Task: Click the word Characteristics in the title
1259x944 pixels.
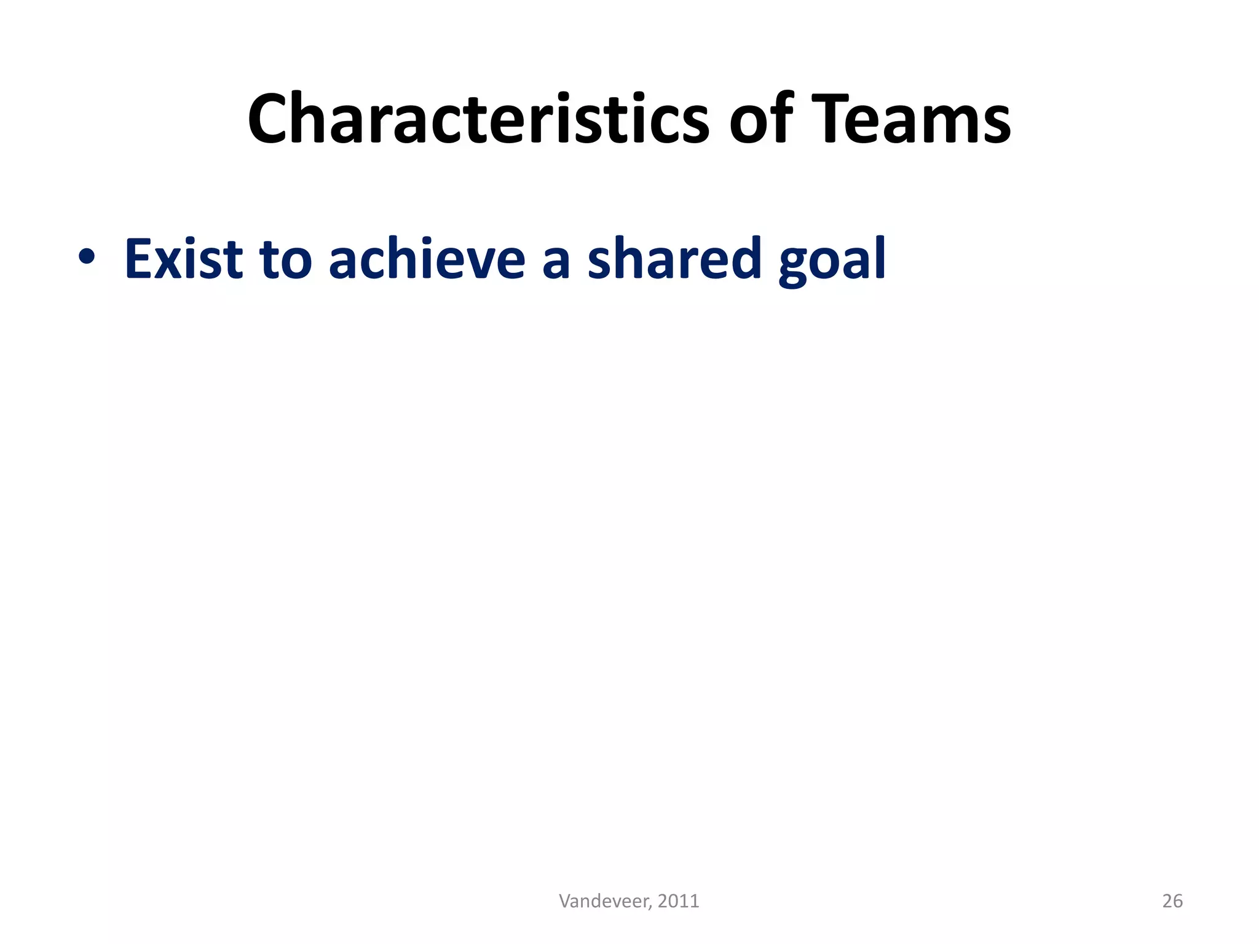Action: [x=478, y=119]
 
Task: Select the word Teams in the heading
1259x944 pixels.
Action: [x=911, y=119]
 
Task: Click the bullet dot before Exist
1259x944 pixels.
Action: [x=87, y=258]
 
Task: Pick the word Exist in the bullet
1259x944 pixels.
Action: [x=184, y=258]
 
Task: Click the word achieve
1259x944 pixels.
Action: [x=427, y=258]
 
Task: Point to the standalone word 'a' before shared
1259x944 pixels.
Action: [x=556, y=263]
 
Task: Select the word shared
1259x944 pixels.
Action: [x=674, y=258]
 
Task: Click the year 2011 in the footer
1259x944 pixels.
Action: [x=678, y=901]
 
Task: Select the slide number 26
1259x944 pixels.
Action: [x=1172, y=901]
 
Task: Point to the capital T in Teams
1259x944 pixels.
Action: [x=832, y=119]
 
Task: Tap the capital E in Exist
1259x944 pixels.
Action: [x=138, y=258]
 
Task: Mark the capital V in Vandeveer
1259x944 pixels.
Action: [x=564, y=901]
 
